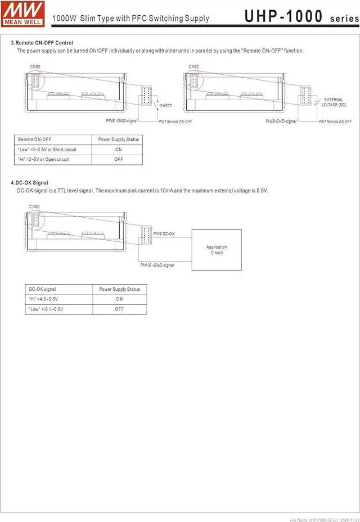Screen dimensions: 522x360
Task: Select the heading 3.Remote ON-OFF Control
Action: (42, 43)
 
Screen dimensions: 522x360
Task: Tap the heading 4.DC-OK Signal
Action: (30, 183)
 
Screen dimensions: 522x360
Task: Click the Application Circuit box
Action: (217, 250)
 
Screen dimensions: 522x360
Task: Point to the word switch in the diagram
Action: (166, 105)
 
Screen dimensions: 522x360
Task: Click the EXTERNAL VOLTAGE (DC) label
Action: (334, 102)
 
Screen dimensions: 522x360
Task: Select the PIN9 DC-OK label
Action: (164, 234)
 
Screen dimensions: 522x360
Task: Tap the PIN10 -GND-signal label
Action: (157, 265)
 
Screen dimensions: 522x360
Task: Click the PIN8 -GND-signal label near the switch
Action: (121, 121)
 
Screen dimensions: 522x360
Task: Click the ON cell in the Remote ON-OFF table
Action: (118, 150)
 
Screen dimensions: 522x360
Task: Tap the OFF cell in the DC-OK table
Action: (119, 309)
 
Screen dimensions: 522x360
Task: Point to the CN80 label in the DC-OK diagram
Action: (34, 206)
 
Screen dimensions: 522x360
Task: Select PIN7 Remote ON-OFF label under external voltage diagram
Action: (335, 121)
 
